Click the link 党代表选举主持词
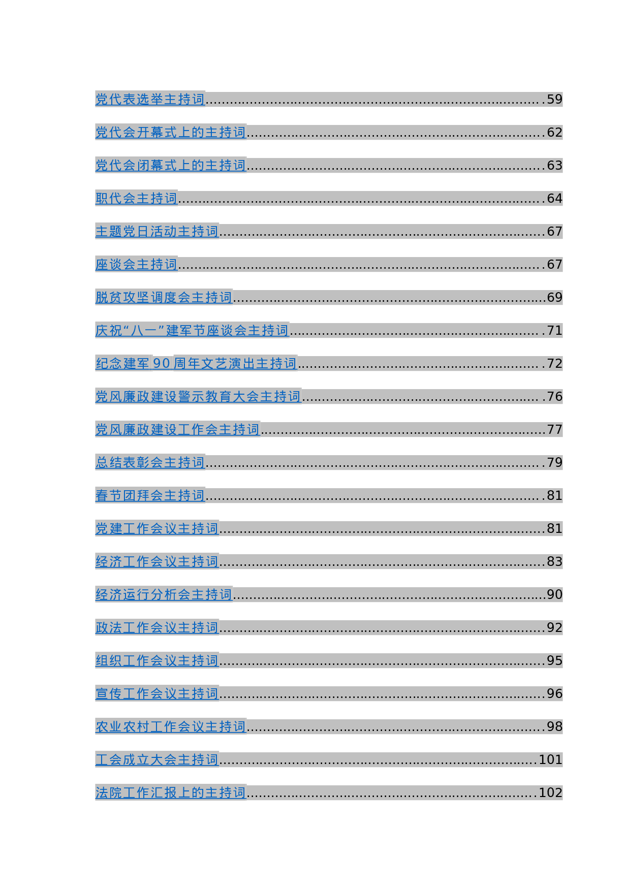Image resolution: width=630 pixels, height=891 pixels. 150,99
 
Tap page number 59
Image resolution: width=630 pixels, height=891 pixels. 554,99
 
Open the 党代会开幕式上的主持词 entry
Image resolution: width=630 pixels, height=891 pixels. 171,132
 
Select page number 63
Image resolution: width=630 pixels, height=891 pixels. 554,165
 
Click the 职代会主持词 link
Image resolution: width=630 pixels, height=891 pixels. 136,198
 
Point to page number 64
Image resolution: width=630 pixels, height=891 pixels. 554,198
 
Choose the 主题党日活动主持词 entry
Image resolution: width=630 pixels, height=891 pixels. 157,231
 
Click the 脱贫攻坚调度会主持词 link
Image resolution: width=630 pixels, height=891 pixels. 164,297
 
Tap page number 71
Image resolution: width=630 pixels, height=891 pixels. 554,330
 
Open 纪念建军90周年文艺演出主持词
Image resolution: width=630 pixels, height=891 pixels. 196,363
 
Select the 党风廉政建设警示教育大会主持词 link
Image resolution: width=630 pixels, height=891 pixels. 198,396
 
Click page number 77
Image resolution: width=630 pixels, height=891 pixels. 554,429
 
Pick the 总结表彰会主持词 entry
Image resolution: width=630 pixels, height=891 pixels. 150,462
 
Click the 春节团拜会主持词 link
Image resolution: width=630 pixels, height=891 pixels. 150,495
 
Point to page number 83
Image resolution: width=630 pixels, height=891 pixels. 554,561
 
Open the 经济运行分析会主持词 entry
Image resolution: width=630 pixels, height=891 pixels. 164,594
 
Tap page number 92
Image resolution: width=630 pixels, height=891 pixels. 554,627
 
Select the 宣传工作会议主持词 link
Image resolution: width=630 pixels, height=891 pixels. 157,693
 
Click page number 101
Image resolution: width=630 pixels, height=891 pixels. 550,759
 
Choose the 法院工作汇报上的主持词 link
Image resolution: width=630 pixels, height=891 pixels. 171,792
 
